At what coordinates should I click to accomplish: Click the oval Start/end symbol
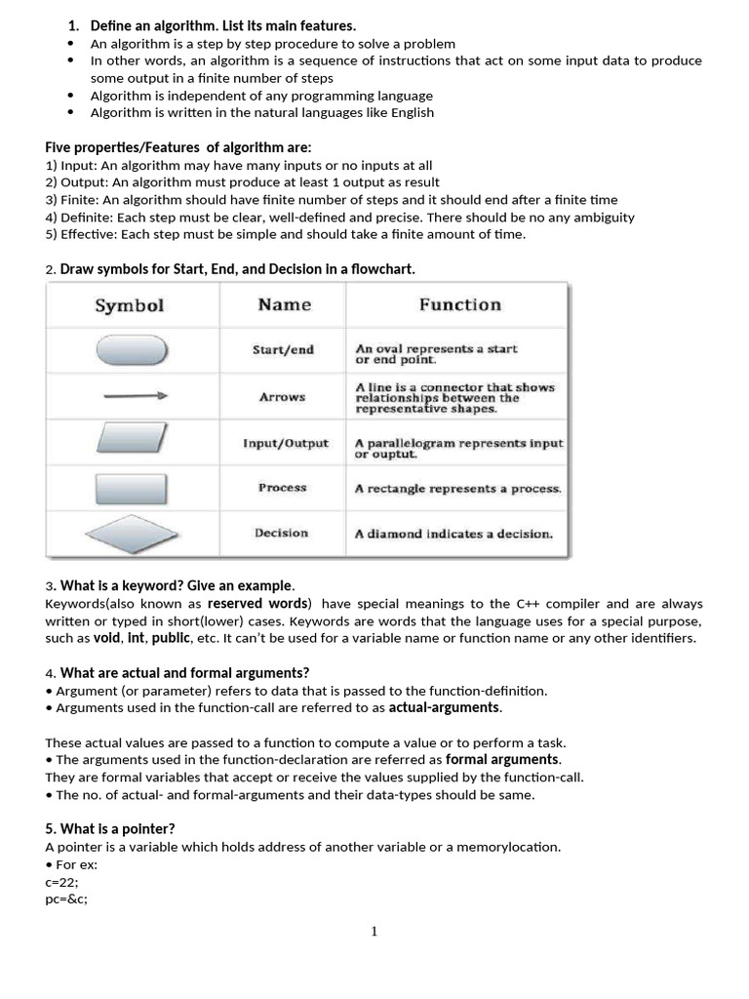coord(132,350)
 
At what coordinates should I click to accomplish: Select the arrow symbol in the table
coord(132,397)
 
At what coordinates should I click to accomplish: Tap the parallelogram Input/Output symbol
coord(132,442)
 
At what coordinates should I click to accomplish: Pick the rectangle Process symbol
coord(132,488)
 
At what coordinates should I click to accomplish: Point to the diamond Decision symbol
coord(132,534)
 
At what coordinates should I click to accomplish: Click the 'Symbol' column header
coord(129,305)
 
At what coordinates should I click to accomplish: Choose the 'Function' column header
coord(459,304)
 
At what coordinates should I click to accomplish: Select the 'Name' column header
coord(284,304)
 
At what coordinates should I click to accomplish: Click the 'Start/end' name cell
coord(283,350)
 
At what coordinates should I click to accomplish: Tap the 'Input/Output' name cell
coord(286,443)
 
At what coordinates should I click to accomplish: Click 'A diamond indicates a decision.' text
coord(453,534)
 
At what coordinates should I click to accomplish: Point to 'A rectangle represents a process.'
coord(457,489)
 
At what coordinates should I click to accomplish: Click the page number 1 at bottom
coord(374,932)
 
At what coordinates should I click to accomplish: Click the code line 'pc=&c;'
coord(66,899)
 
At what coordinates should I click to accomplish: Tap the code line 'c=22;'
coord(62,881)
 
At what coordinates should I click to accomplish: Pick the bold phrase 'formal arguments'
coord(502,759)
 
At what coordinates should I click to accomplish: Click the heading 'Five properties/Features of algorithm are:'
coord(178,147)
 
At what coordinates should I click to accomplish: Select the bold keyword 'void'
coord(106,638)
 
